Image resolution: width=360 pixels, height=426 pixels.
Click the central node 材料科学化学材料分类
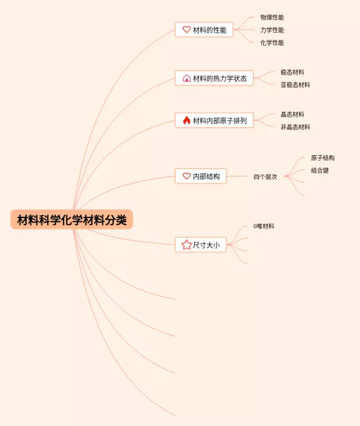(71, 220)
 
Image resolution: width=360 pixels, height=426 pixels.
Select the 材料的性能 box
(204, 30)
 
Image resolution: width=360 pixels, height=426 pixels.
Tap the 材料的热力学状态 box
(214, 78)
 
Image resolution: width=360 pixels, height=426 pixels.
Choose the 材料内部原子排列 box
(214, 120)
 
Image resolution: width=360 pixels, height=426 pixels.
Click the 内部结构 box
(200, 176)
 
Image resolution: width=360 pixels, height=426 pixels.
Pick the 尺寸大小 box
(200, 244)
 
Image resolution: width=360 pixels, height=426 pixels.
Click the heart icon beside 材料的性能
(187, 30)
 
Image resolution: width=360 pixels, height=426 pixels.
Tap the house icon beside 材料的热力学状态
(187, 78)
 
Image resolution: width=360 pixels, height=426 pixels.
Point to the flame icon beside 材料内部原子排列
(187, 120)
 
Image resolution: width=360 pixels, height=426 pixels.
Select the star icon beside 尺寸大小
(187, 244)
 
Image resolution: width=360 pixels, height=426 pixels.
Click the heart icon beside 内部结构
(187, 176)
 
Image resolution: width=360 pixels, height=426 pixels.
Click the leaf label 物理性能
(272, 17)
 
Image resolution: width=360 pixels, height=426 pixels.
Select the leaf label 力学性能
(272, 30)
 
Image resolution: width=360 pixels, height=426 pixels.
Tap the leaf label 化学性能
(272, 43)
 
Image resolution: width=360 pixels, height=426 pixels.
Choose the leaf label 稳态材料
(292, 72)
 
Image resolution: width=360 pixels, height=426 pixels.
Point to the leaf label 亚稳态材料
(295, 85)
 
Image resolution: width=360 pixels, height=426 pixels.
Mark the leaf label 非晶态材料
(295, 127)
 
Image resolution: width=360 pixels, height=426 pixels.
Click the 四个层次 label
(265, 176)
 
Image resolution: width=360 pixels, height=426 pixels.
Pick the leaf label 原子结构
(323, 158)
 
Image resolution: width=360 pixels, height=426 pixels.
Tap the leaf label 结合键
(319, 170)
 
